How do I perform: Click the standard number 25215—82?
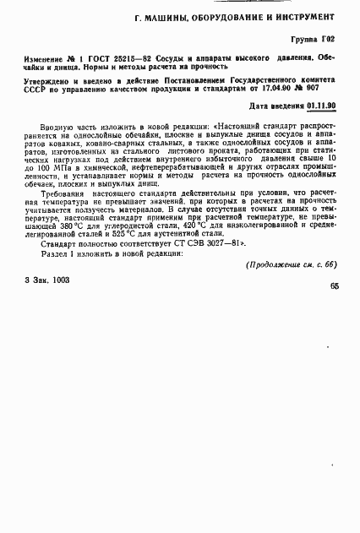pos(129,57)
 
